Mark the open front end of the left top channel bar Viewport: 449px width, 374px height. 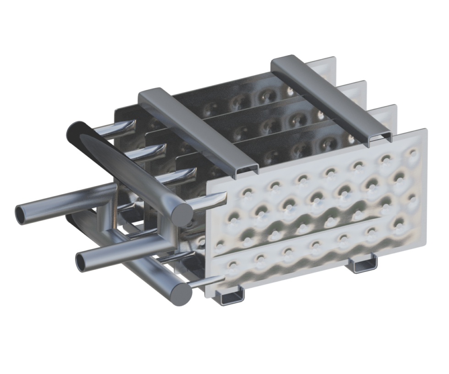[x=245, y=171]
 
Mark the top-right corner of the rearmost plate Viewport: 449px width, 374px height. [x=337, y=58]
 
